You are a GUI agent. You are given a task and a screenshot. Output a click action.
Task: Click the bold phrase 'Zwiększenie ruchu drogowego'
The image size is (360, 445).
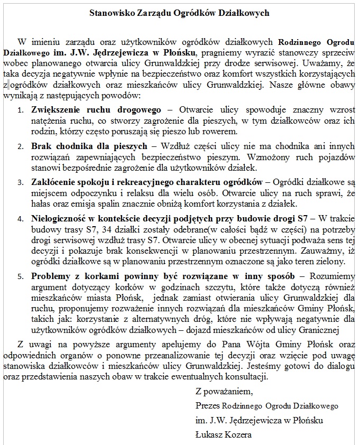coord(96,110)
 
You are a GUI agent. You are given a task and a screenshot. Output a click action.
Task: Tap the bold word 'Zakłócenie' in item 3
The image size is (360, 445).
coord(53,182)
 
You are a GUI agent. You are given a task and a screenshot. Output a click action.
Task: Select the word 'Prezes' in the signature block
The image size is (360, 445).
coord(208,406)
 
